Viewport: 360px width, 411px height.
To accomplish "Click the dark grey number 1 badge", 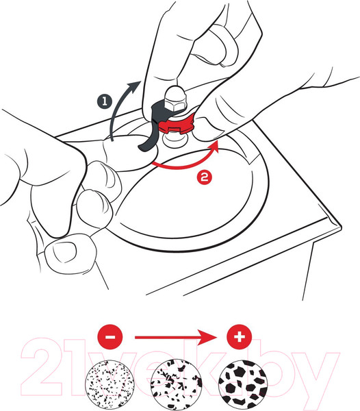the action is coord(105,101).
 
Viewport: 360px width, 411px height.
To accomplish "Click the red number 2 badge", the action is coord(205,177).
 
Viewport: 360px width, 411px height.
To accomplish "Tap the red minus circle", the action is coord(110,337).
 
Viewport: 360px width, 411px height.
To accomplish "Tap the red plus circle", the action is coord(240,337).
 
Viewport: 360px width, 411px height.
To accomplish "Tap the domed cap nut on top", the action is coord(175,99).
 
